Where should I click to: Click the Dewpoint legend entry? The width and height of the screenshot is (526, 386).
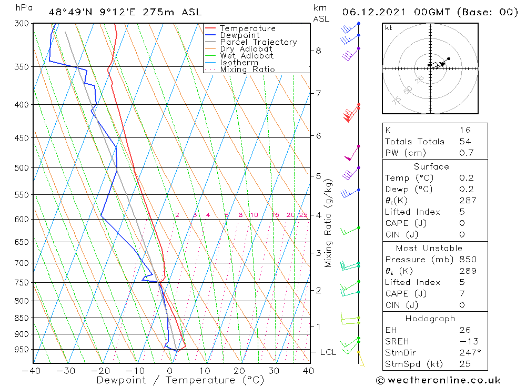[239, 35]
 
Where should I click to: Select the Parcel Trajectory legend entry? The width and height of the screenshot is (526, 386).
[258, 42]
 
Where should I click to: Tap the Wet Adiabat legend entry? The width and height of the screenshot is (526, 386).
[247, 56]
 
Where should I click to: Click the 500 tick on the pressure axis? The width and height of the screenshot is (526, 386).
[23, 168]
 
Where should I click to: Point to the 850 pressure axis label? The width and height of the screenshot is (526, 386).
[23, 318]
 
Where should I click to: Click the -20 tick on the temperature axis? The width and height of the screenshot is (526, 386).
[102, 371]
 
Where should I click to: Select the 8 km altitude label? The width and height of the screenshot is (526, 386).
[318, 51]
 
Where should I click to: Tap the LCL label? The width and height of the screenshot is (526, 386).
[328, 352]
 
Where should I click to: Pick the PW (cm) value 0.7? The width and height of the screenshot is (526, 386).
[464, 153]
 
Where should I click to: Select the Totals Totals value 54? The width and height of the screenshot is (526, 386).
[464, 142]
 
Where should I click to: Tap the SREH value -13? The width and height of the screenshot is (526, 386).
[466, 342]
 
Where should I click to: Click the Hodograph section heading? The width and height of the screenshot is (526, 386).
[431, 319]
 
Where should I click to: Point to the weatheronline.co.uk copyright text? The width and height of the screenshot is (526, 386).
[438, 380]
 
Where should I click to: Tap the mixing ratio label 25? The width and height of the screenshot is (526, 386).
[303, 215]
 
